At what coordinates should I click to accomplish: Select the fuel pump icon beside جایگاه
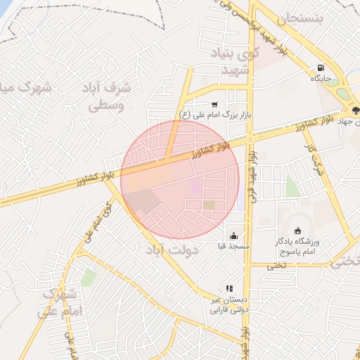321,68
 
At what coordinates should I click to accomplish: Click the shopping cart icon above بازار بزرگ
214,103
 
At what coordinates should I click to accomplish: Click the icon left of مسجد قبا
233,236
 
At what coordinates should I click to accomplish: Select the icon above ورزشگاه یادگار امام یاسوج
298,230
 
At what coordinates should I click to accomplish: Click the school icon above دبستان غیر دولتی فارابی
229,288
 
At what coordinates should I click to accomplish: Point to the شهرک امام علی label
63,301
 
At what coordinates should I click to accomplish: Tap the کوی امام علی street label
98,221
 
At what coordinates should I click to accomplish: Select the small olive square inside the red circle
209,205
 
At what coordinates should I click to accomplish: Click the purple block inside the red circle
195,186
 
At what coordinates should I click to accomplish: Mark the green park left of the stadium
292,186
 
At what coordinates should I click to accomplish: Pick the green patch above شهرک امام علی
89,278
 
